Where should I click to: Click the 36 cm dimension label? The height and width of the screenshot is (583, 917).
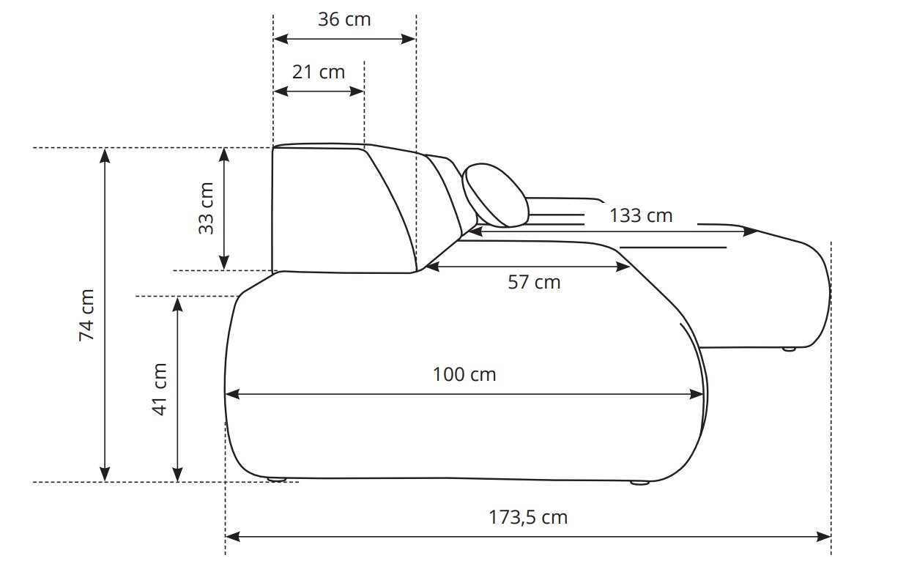[344, 20]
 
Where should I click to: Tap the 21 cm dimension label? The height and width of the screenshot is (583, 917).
[319, 72]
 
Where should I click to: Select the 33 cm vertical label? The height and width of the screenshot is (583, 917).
[206, 209]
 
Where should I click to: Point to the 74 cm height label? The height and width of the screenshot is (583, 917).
[86, 315]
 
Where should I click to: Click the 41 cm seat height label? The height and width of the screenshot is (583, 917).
[159, 390]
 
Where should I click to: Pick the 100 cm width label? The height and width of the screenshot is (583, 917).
[464, 374]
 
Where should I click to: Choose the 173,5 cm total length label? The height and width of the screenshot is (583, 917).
[528, 518]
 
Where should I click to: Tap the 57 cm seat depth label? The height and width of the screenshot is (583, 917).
[534, 283]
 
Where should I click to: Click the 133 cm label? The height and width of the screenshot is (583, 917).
[641, 216]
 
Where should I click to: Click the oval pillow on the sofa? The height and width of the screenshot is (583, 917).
[495, 196]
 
